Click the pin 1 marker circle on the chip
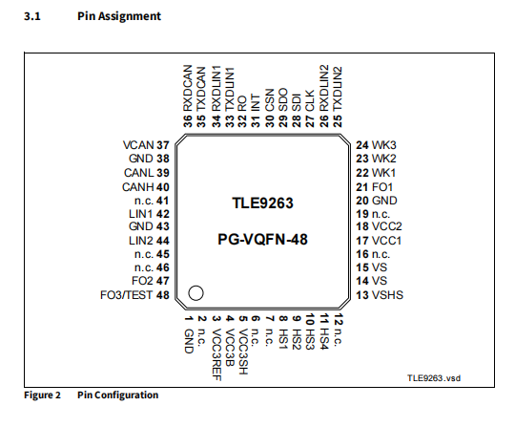[x=196, y=286]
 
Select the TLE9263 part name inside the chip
[x=262, y=203]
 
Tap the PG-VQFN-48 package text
[x=262, y=239]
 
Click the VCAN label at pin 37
[x=138, y=145]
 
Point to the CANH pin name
[x=138, y=187]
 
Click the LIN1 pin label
[x=141, y=214]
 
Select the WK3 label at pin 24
[x=383, y=145]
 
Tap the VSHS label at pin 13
[x=387, y=295]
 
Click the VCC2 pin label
[x=386, y=226]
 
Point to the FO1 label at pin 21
[x=382, y=187]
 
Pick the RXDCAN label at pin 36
[x=187, y=88]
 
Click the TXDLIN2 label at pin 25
[x=338, y=89]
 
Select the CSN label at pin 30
[x=269, y=99]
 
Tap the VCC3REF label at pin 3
[x=216, y=354]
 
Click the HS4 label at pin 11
[x=324, y=339]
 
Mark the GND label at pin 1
[x=189, y=341]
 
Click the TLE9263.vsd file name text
[x=434, y=378]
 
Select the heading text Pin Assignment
[x=119, y=16]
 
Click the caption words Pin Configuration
[x=118, y=395]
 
